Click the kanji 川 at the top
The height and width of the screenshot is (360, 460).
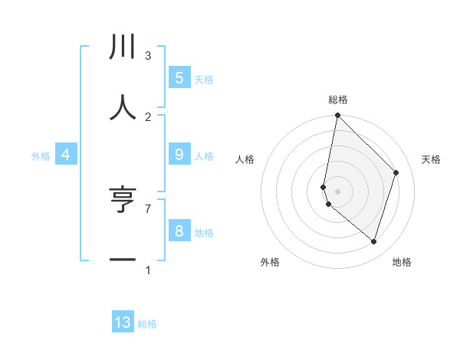[x=123, y=47]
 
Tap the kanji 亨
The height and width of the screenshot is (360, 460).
[x=123, y=200]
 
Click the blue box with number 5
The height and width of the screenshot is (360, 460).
[x=179, y=77]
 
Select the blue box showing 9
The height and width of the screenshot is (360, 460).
[x=179, y=154]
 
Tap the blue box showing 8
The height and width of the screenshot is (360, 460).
[x=179, y=231]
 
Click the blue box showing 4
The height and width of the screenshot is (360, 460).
[x=66, y=155]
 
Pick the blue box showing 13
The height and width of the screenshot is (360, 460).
[x=123, y=322]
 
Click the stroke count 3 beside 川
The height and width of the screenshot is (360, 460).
[x=148, y=55]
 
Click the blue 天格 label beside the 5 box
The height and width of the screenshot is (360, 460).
[x=204, y=80]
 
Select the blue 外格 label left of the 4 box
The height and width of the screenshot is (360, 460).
[x=41, y=156]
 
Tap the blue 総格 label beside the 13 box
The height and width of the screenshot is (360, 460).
[x=147, y=325]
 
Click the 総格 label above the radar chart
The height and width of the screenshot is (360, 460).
[x=337, y=100]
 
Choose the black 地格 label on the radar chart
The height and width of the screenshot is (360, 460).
[x=402, y=263]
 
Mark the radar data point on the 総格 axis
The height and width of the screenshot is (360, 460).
[x=337, y=116]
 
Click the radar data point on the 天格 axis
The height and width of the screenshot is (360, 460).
[x=396, y=172]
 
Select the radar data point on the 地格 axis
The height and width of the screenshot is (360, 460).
[x=373, y=241]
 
